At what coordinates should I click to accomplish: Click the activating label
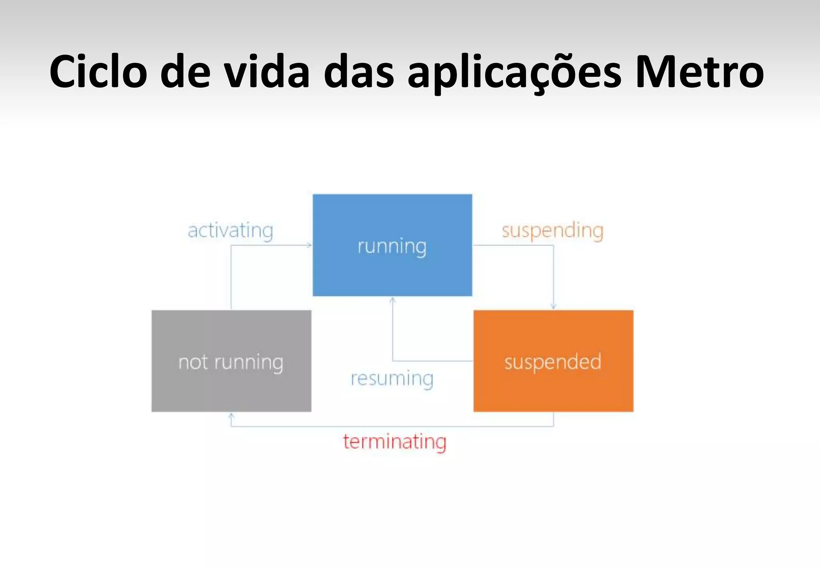click(231, 231)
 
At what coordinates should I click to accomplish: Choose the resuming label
click(392, 379)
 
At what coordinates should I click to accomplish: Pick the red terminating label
click(395, 442)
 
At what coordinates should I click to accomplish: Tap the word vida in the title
click(267, 72)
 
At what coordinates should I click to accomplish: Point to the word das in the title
click(358, 72)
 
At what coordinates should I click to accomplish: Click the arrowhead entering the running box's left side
click(309, 245)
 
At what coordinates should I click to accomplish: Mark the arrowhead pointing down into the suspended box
click(553, 306)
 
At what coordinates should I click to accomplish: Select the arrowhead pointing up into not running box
click(231, 416)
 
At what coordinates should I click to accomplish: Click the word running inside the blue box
click(392, 246)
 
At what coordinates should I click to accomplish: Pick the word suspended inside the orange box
click(553, 362)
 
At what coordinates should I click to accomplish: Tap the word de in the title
click(185, 72)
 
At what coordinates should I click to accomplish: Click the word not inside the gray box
click(193, 362)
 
